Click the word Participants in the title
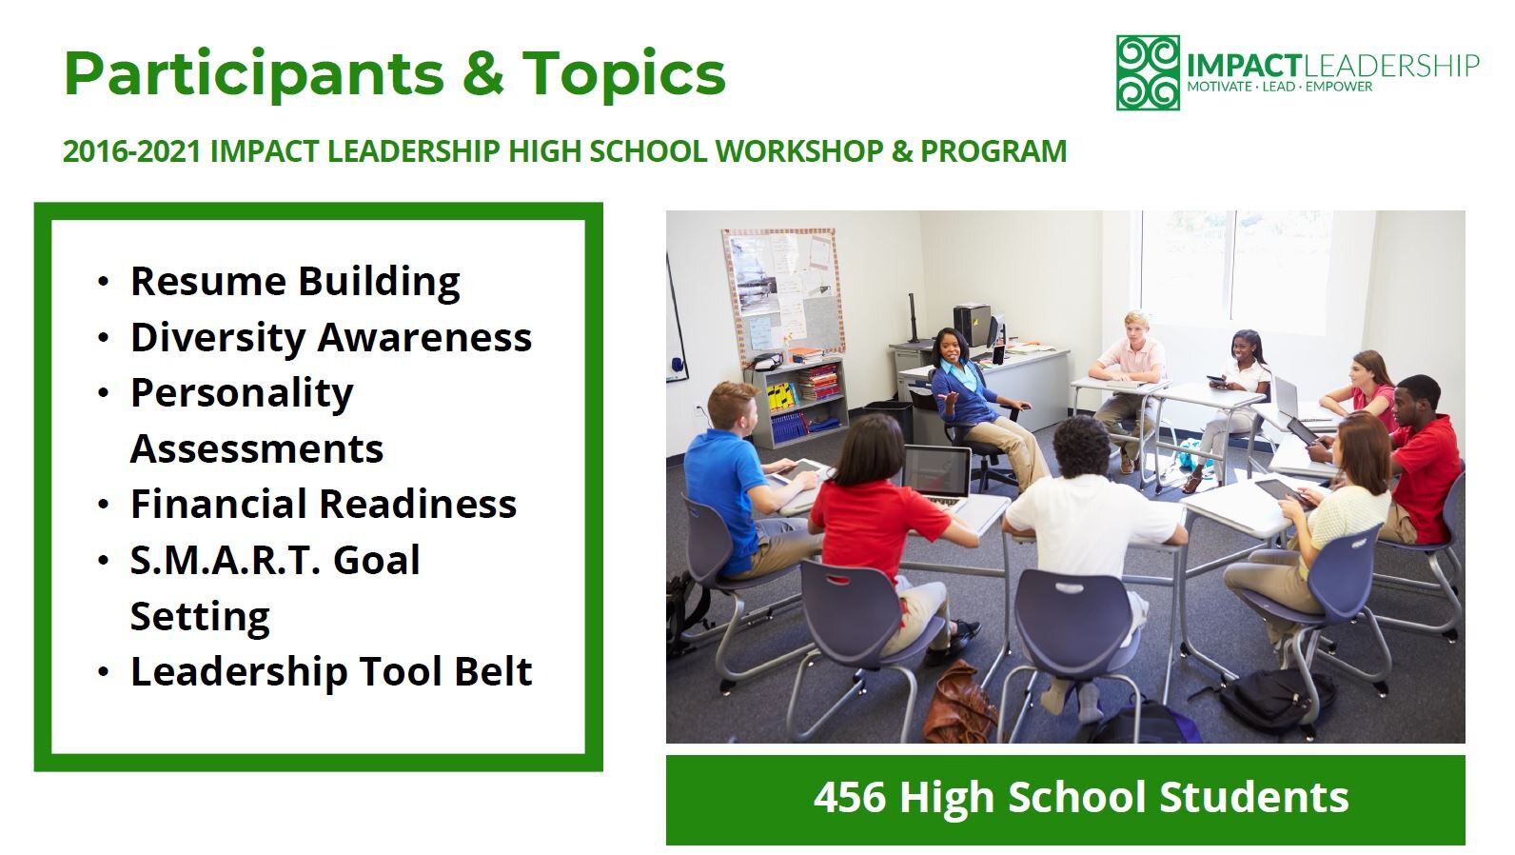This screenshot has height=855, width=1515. [x=253, y=74]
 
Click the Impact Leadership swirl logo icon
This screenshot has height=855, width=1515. [x=1148, y=72]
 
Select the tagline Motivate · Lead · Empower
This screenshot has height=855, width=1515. [x=1279, y=87]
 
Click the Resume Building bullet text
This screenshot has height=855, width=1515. [x=295, y=282]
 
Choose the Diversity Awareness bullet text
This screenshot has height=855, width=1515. [x=330, y=337]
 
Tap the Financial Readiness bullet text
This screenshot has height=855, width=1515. [x=323, y=504]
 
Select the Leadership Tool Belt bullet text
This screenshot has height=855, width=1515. [x=330, y=671]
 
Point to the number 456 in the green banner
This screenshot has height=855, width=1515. [x=849, y=797]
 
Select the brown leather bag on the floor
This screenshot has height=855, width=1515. [x=956, y=703]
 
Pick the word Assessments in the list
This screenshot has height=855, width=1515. [x=256, y=448]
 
